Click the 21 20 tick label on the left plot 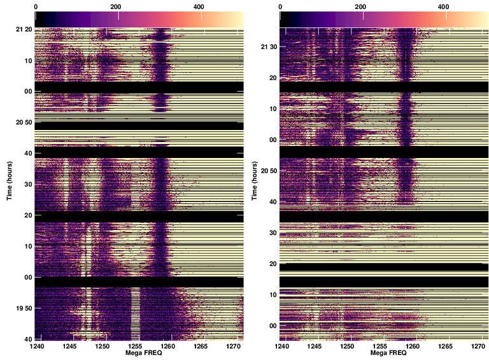(24, 30)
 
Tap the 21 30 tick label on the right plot (269, 48)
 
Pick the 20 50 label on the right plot (269, 171)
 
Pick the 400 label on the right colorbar (444, 6)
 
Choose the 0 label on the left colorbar (36, 6)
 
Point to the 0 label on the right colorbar (281, 6)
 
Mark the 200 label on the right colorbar (363, 6)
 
